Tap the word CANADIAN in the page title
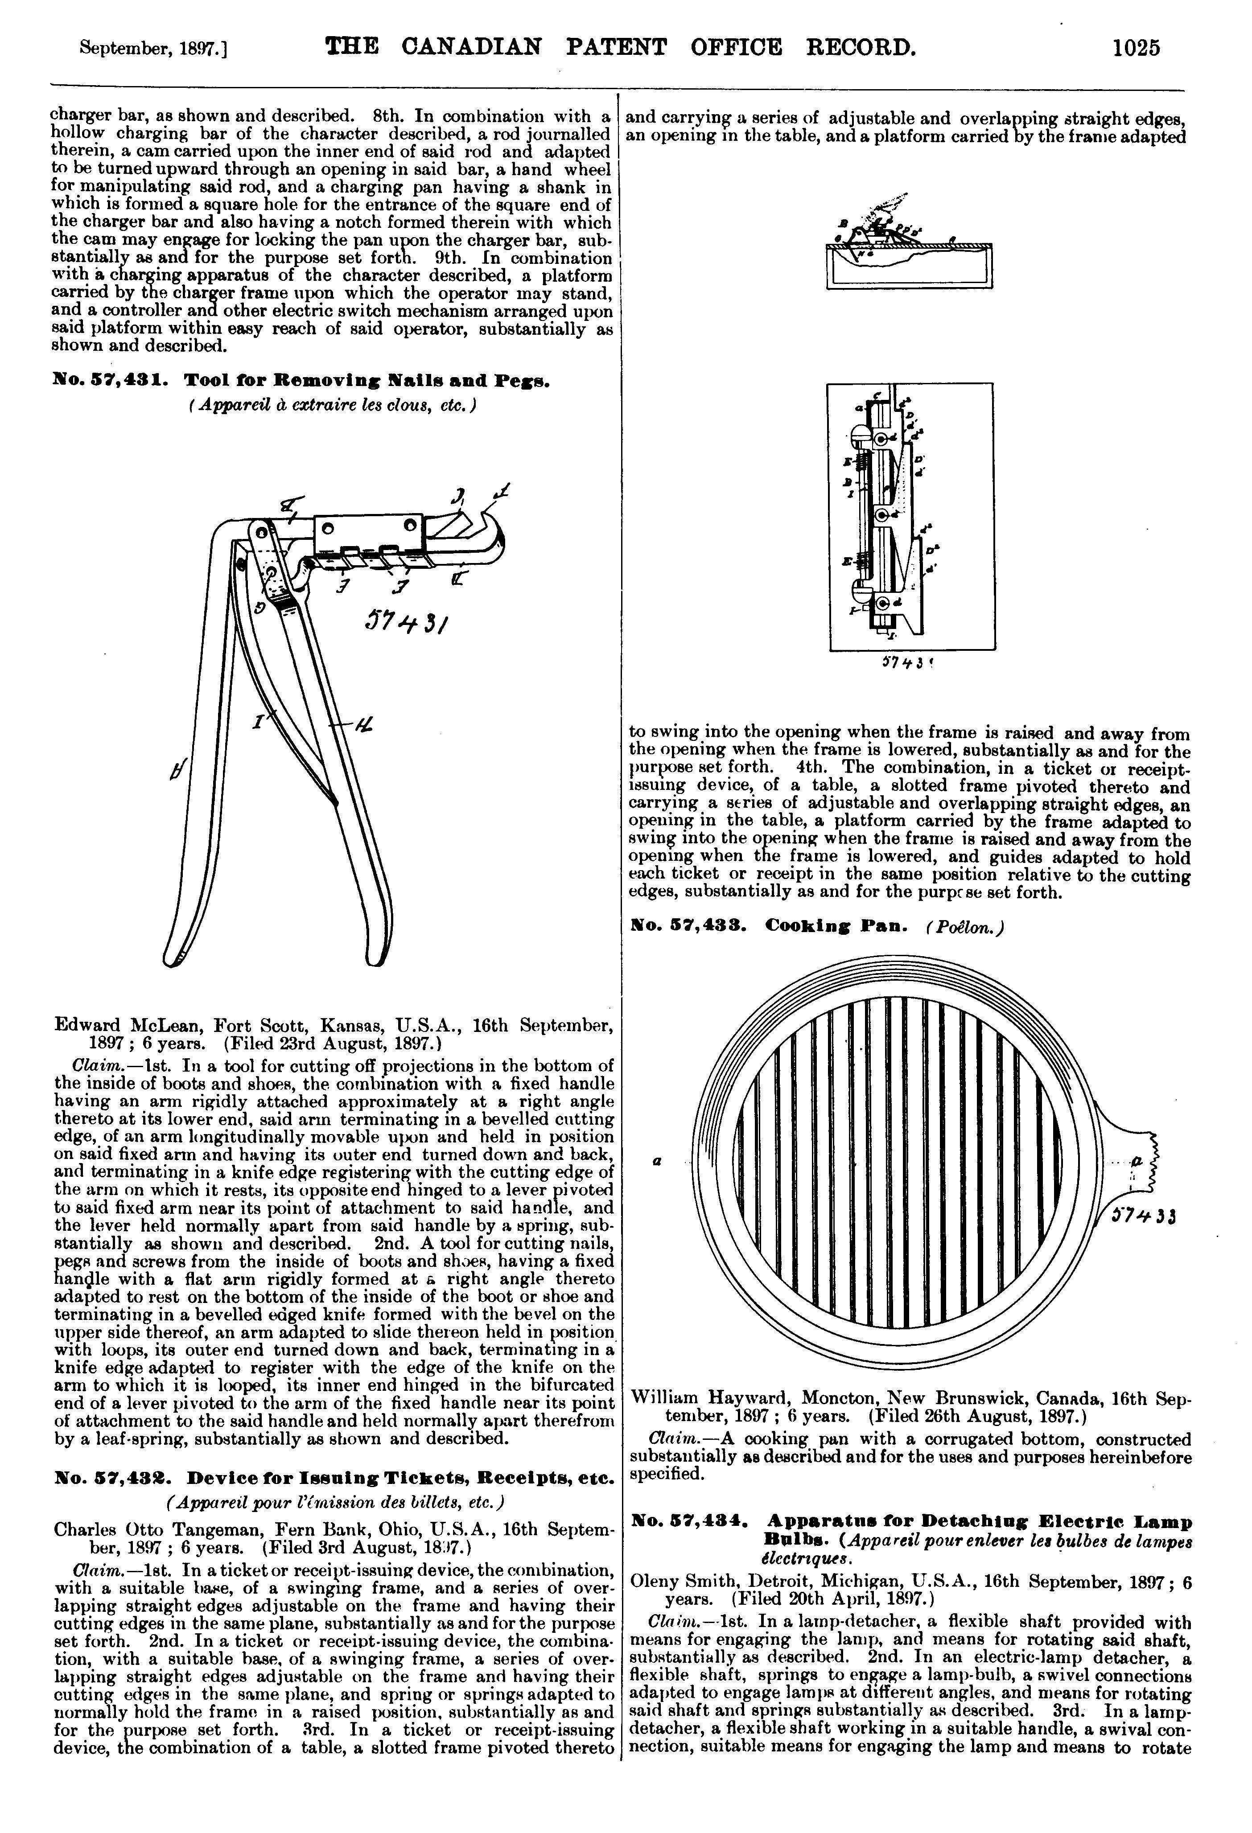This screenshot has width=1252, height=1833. point(472,47)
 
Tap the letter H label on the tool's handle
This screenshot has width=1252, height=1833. point(364,726)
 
